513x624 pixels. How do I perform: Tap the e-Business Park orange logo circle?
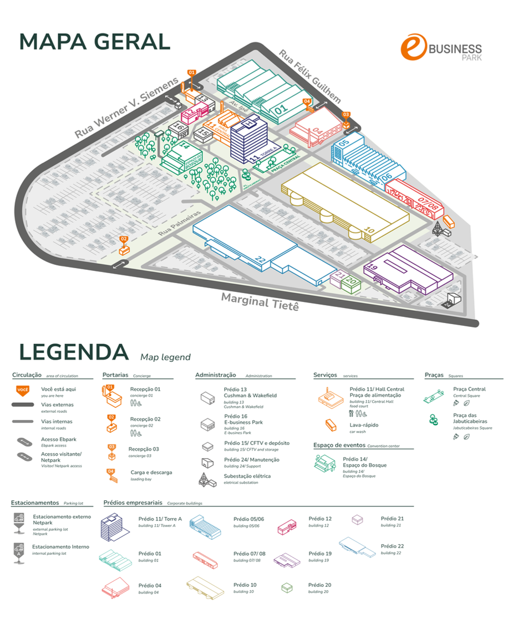[x=414, y=48]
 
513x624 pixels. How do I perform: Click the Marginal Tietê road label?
[x=260, y=302]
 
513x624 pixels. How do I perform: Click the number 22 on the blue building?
[x=261, y=259]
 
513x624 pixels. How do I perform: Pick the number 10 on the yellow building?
[x=370, y=229]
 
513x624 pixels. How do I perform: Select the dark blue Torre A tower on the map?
[x=248, y=142]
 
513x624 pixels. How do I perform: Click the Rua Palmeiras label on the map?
[x=179, y=221]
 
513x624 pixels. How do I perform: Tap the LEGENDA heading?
[x=74, y=352]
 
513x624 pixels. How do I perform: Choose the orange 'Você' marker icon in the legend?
[x=22, y=391]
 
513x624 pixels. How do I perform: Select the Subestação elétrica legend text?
[x=247, y=476]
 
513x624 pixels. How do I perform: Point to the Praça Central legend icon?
[x=433, y=395]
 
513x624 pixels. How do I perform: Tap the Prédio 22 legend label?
[x=392, y=546]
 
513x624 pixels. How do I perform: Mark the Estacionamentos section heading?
[x=35, y=503]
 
